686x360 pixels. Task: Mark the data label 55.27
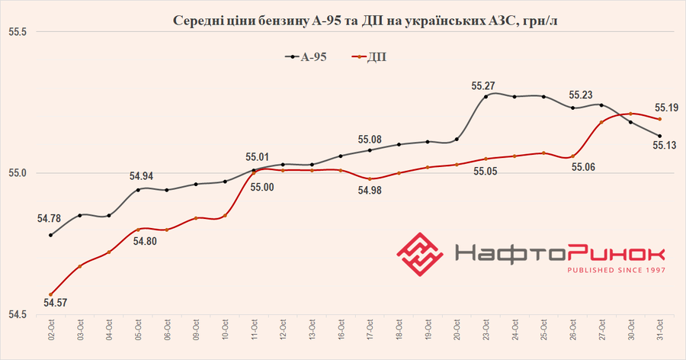click(x=485, y=86)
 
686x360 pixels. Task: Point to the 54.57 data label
click(x=54, y=304)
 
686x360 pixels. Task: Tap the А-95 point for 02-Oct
click(x=50, y=235)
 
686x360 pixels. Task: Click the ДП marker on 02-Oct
click(x=50, y=294)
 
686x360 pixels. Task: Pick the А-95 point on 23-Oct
click(x=486, y=97)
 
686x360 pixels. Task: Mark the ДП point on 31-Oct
click(x=659, y=119)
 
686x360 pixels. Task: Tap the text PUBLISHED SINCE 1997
click(x=615, y=269)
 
